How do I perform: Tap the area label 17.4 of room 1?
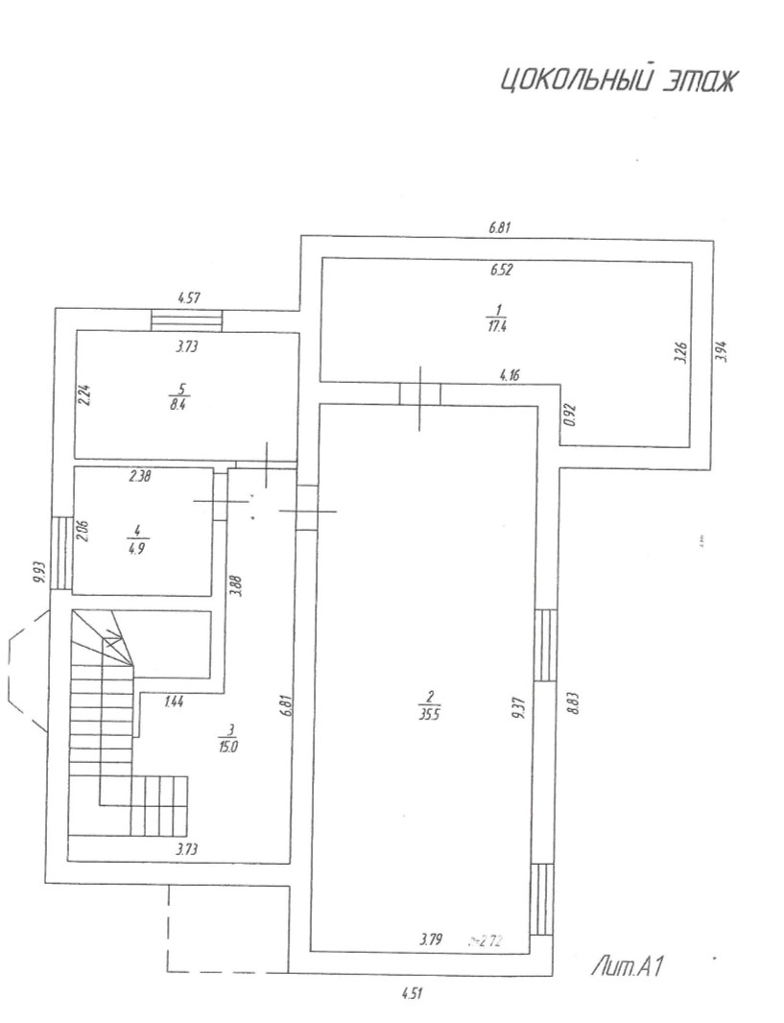[x=496, y=323]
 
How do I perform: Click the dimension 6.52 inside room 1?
[x=501, y=270]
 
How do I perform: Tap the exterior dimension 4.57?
[x=188, y=299]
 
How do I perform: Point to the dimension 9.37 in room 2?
[x=517, y=706]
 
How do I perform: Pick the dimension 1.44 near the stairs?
[x=175, y=702]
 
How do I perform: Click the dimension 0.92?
[x=569, y=414]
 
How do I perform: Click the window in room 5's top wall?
[x=187, y=320]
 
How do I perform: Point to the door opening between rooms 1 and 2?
[x=420, y=393]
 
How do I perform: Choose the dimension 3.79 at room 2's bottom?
[x=430, y=940]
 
